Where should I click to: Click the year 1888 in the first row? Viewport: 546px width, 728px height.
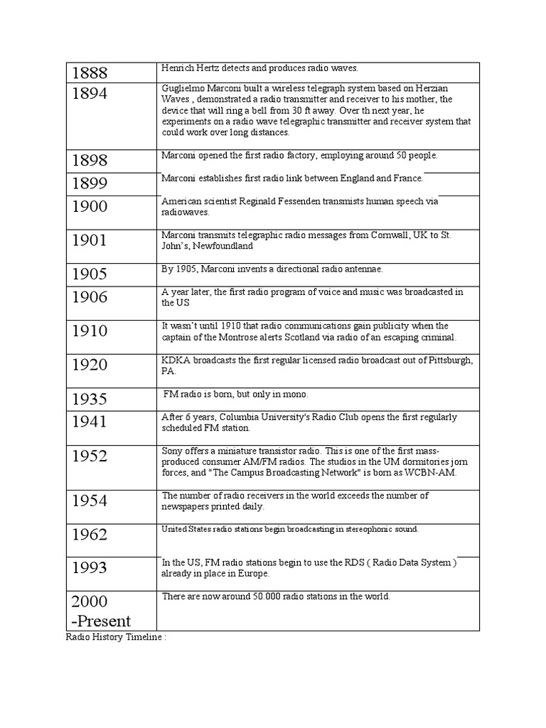tap(89, 73)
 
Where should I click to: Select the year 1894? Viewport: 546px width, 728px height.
tap(89, 95)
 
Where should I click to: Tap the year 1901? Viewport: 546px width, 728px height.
tap(89, 240)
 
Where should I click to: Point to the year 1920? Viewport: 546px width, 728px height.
tap(89, 365)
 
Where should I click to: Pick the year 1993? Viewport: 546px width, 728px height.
tap(89, 567)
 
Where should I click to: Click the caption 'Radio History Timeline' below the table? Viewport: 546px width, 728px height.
tap(116, 637)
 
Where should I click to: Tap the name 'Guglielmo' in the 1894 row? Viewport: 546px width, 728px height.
tap(183, 88)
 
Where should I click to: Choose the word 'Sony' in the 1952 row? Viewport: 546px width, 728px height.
tap(173, 451)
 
